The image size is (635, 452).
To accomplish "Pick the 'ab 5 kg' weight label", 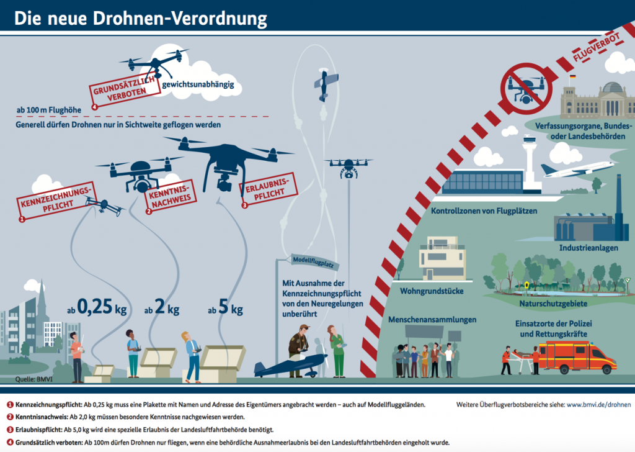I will tap(225, 309).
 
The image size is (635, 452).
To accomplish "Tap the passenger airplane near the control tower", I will tap(577, 168).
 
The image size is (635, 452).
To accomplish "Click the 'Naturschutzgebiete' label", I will tap(554, 304).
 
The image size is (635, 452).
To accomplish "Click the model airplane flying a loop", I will tap(326, 85).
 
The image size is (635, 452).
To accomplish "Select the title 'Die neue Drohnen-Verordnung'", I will tap(140, 19).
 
